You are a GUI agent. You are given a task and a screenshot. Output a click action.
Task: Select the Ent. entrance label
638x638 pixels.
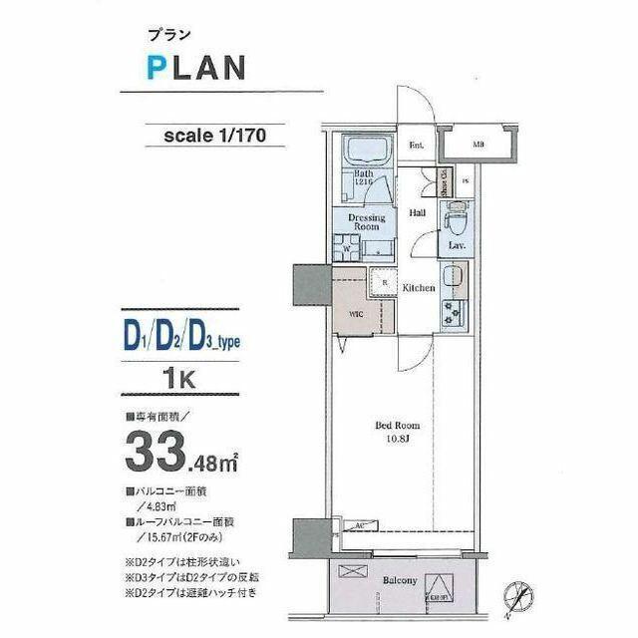[417, 146]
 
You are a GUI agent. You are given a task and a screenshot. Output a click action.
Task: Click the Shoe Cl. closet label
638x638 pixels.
[442, 181]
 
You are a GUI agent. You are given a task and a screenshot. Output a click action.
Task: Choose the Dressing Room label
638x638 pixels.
[364, 221]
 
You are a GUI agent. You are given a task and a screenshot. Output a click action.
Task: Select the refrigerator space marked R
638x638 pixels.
[384, 282]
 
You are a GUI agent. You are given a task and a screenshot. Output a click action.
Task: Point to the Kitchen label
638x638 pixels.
[419, 288]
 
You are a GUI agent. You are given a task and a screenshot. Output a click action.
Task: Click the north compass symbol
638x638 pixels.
[517, 595]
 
